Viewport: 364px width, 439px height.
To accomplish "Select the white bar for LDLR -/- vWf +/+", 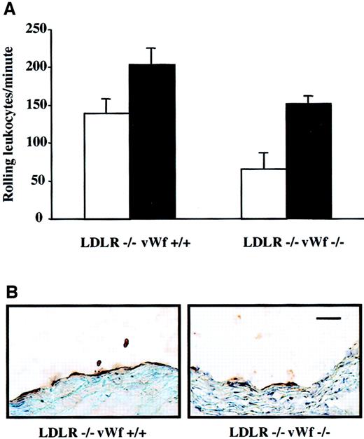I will (106, 165).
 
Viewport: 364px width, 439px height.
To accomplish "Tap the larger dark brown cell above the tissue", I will (126, 343).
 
